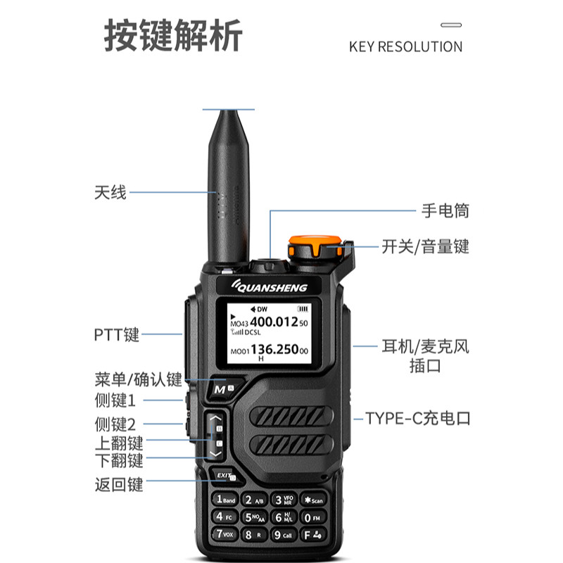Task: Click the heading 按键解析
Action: point(173,37)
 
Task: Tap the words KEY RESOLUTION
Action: point(405,47)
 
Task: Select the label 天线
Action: point(110,191)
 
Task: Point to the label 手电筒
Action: point(445,210)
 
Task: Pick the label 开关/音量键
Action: point(425,246)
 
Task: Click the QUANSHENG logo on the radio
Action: point(276,286)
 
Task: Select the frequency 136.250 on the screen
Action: point(273,350)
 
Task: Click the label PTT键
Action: point(116,334)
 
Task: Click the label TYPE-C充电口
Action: point(417,419)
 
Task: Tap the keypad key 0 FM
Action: point(312,517)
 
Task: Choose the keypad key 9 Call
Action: point(284,535)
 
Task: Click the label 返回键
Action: point(119,484)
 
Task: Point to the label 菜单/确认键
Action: point(138,379)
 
